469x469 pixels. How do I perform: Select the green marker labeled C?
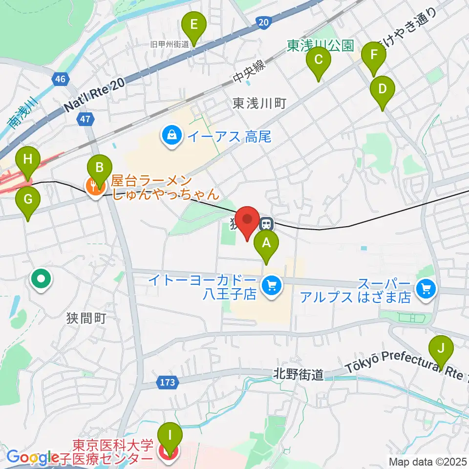click(x=318, y=61)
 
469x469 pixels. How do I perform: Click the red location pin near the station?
click(x=247, y=220)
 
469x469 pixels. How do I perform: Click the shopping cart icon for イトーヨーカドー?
click(x=270, y=284)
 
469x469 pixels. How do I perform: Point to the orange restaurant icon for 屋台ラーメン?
click(x=93, y=186)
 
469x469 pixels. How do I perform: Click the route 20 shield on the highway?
click(x=263, y=21)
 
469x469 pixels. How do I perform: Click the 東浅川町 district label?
click(x=259, y=104)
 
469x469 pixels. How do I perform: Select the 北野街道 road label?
click(x=298, y=375)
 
